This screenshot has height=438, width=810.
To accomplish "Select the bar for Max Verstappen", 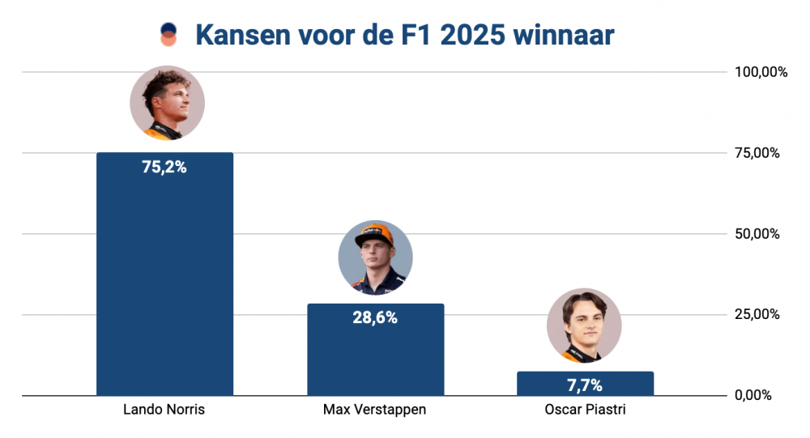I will pos(375,356).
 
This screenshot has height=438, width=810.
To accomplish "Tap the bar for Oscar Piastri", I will pos(585,384).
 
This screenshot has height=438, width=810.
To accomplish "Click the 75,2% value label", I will pos(164,168).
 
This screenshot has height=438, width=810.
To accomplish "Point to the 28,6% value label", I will pos(375,318).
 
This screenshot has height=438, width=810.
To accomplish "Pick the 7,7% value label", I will pos(585,384).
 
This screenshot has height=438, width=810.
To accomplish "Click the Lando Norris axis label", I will pos(164,410).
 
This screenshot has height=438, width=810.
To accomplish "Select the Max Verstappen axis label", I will pos(374,410).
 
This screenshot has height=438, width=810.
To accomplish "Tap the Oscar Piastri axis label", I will pos(585,410).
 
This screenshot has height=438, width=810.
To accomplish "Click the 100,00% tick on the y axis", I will pos(761,72).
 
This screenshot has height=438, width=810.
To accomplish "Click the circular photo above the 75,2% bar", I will pos(167,104).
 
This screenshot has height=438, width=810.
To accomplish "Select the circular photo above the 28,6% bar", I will pos(375,257).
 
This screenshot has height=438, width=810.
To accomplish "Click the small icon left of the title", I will pos(168,35).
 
